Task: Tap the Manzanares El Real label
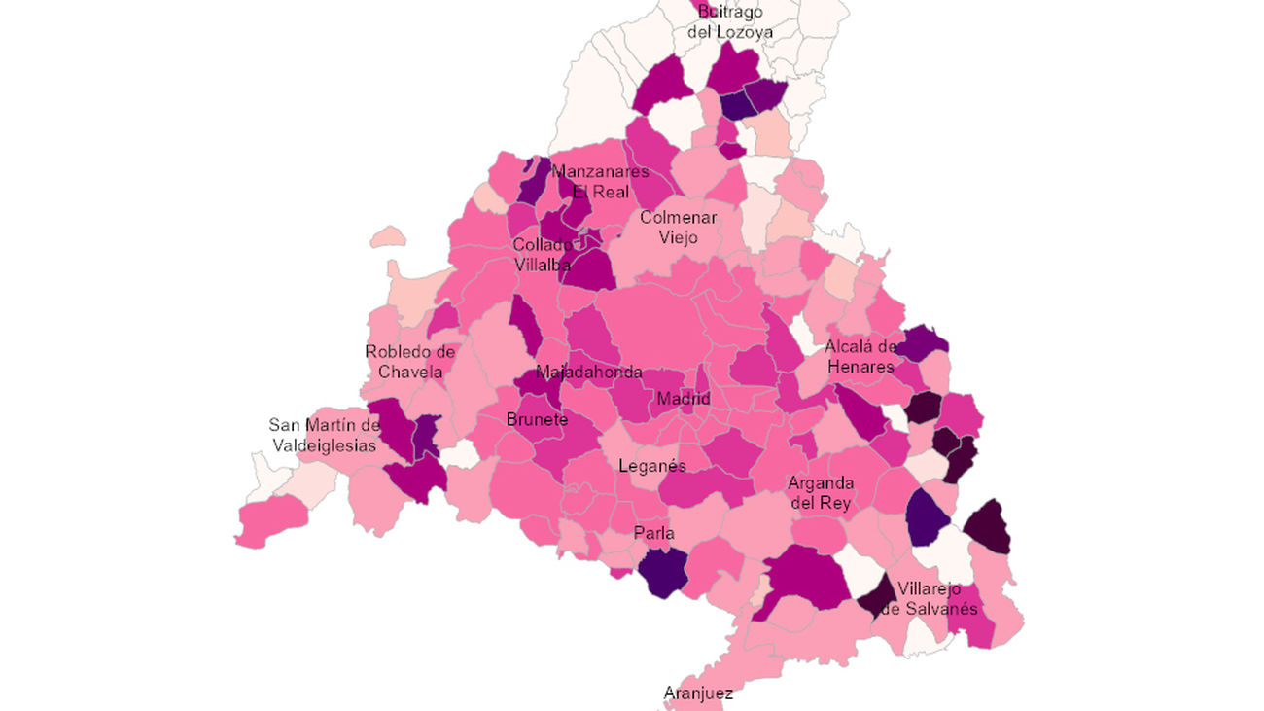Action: point(600,182)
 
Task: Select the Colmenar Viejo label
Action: point(678,228)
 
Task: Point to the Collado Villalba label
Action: point(543,254)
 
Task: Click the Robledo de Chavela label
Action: point(410,361)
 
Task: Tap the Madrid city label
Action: point(683,399)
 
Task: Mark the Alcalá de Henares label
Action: point(860,357)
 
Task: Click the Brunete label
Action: point(537,420)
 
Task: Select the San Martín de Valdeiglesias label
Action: point(324,435)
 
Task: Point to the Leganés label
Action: point(651,466)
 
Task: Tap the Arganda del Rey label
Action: point(821,493)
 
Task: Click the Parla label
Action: point(653,533)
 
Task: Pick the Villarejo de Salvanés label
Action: point(929,598)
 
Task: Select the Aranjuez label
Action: point(697,693)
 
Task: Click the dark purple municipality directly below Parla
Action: point(662,573)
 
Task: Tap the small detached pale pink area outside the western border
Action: point(388,236)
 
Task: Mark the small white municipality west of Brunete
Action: point(461,452)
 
